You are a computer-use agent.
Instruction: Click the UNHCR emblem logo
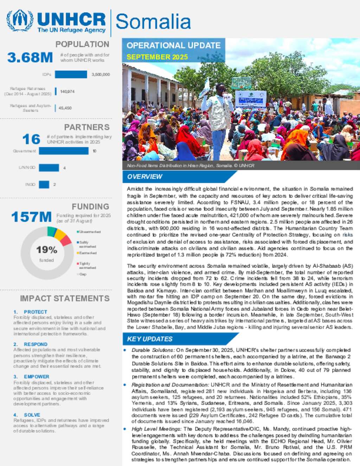pos(20,21)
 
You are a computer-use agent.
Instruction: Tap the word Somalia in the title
pos(153,22)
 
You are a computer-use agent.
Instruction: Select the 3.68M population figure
pos(30,58)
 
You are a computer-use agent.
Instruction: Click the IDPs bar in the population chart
pos(71,75)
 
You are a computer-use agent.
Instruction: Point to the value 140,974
pos(67,91)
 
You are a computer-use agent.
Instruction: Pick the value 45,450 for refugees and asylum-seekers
pos(65,108)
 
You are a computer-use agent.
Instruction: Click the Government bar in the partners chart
pos(64,151)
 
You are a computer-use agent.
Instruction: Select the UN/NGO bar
pos(49,168)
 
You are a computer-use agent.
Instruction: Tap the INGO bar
pos(44,184)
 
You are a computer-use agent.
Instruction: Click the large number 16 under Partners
pos(31,139)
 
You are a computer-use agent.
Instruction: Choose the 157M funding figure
pos(31,217)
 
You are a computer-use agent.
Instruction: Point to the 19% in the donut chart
pos(46,250)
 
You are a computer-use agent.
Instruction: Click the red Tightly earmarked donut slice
pos(66,241)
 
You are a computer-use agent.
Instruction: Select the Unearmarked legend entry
pos(90,232)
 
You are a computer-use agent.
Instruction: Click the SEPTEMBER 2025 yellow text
pos(157,57)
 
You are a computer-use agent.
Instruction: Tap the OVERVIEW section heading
pos(144,177)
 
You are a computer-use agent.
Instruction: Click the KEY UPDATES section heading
pos(150,339)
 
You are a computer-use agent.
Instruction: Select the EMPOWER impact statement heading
pos(37,377)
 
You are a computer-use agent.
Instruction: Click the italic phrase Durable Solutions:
pos(153,350)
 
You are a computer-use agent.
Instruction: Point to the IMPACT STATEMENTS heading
pos(65,299)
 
